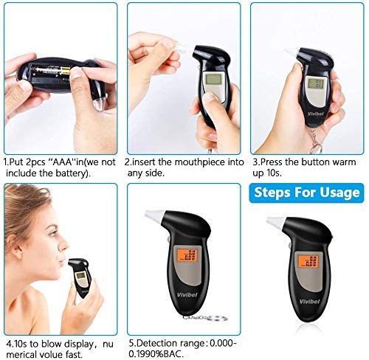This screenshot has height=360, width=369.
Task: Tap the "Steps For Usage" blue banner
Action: click(x=306, y=193)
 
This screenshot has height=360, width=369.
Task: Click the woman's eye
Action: click(x=52, y=232)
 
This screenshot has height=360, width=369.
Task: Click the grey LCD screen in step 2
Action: click(x=213, y=79)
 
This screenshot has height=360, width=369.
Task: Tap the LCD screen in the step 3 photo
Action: click(x=315, y=83)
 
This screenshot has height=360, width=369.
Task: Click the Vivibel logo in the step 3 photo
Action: click(x=316, y=114)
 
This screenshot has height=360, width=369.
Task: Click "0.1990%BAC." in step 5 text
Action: click(x=156, y=354)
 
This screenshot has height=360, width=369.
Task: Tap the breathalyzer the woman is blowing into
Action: click(x=80, y=277)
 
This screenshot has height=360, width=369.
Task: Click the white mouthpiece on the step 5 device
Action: click(x=154, y=215)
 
